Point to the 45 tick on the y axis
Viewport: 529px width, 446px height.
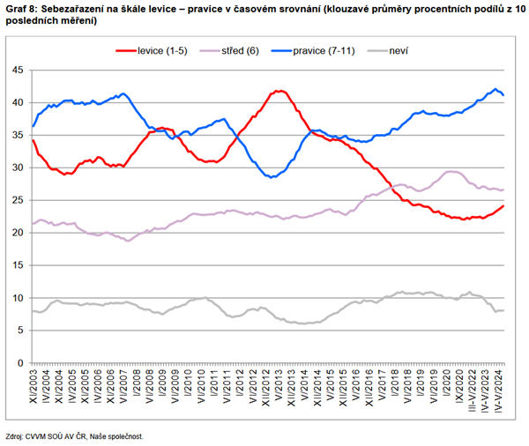[x=17, y=70]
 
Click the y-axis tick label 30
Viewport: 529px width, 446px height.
[x=17, y=167]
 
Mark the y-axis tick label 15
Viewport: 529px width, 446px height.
[x=17, y=265]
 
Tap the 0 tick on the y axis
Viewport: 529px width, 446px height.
[x=19, y=363]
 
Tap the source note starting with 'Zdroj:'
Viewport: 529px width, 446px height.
[x=73, y=435]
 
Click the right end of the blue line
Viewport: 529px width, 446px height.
[x=503, y=95]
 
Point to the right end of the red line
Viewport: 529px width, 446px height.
[x=503, y=206]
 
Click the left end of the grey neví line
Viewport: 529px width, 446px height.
[x=33, y=311]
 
